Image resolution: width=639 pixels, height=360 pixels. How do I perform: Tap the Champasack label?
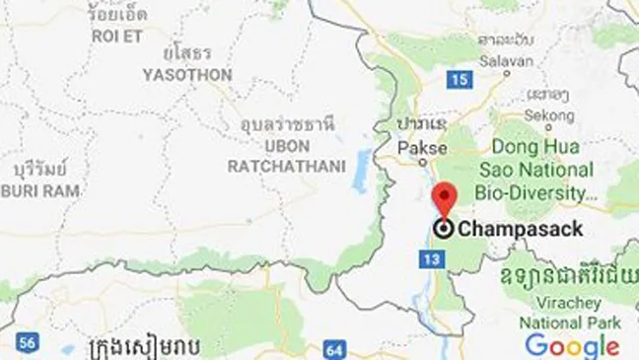[x=521, y=230]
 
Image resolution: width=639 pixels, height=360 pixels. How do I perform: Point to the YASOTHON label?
[x=187, y=75]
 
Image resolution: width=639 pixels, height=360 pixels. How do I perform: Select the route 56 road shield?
[x=29, y=342]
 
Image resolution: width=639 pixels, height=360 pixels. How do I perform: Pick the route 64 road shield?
[x=334, y=348]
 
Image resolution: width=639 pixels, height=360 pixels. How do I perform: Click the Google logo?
[x=572, y=344]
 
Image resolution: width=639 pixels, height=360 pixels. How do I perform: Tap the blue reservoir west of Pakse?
[x=363, y=172]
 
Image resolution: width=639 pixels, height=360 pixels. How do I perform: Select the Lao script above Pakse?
[x=421, y=123]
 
